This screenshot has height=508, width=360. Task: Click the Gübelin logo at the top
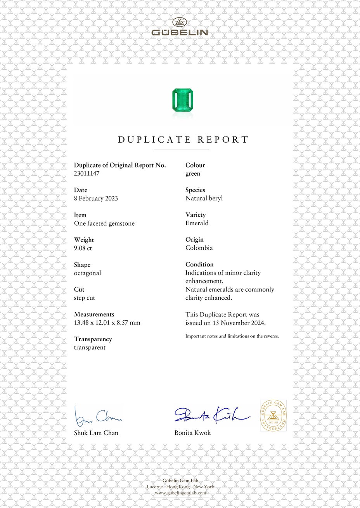coord(180,27)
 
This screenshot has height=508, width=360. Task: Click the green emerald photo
coord(182,100)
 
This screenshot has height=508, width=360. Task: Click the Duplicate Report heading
coord(183,140)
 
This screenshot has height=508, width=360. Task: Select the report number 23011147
coord(87,173)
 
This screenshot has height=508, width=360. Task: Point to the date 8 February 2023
coord(96,198)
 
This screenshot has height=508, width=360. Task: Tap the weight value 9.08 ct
coord(83,248)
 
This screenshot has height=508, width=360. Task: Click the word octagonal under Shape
coord(87,273)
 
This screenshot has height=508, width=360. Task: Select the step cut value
coord(85,298)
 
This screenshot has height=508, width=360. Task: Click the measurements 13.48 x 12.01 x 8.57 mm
coord(107,323)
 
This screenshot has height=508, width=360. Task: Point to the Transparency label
coord(93,339)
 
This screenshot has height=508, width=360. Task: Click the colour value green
coord(193,173)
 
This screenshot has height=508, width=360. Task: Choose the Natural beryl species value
coord(204,198)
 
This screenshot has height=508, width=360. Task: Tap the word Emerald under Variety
coord(197,223)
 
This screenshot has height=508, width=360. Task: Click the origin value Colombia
coord(199,248)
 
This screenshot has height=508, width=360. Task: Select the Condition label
coord(199,264)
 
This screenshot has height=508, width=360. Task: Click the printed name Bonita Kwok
coord(192,433)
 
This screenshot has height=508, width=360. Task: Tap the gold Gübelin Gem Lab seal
coord(273,416)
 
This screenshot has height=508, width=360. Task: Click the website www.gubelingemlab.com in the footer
coord(180,492)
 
